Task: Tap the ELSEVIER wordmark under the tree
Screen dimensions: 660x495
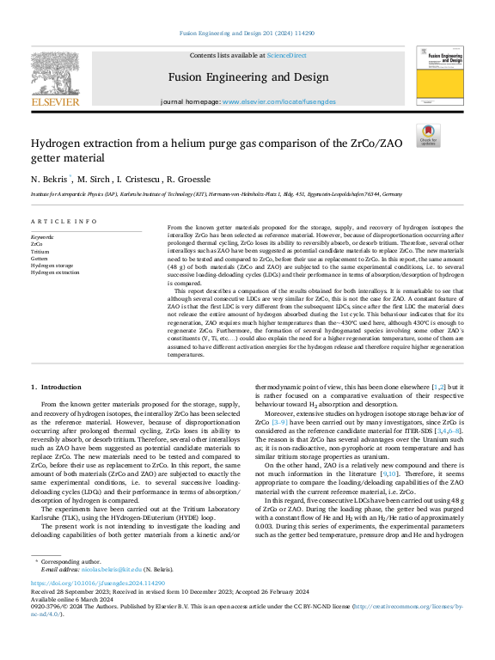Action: [55, 101]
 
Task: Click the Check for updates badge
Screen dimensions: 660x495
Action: [427, 136]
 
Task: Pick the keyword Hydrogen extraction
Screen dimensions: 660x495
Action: [55, 272]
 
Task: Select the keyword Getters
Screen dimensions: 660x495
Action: [40, 258]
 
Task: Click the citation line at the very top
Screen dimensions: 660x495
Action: [247, 34]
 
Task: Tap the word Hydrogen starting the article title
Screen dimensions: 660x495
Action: [57, 144]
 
